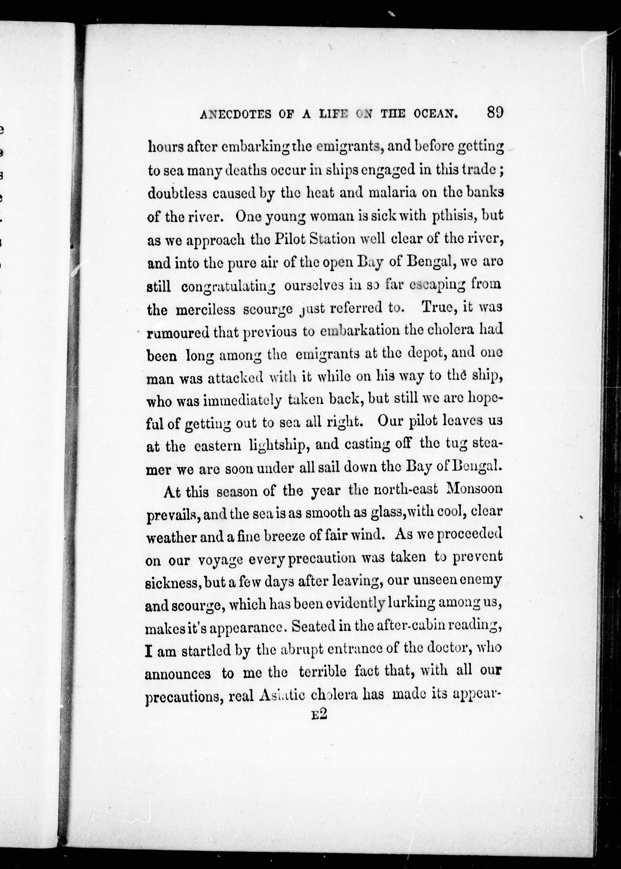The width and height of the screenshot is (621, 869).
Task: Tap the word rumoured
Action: click(178, 333)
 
